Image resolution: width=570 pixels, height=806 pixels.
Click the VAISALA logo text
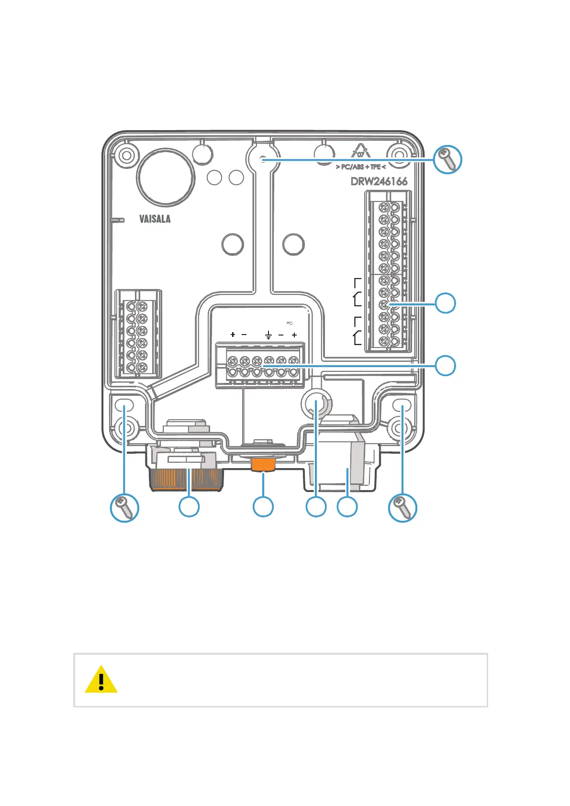tap(155, 219)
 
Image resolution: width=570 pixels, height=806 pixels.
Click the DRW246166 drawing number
tap(379, 181)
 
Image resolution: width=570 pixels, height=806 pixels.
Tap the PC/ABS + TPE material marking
tap(361, 167)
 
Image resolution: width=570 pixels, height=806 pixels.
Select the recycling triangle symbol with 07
tap(361, 152)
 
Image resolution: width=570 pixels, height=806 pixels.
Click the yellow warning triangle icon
tap(101, 680)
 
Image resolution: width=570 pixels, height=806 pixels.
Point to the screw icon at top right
tap(447, 160)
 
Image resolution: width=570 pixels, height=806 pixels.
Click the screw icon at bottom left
tap(124, 507)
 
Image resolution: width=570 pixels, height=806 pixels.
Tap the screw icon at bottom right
tap(402, 507)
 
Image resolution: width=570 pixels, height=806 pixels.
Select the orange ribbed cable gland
tap(187, 479)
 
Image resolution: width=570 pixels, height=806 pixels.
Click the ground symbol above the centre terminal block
tap(268, 335)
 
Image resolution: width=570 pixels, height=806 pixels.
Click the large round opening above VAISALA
tap(165, 177)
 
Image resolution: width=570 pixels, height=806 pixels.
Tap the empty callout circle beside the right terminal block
tap(445, 303)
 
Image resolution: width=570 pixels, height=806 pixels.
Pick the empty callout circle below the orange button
tap(263, 507)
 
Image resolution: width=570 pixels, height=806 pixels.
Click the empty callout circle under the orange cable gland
tap(189, 507)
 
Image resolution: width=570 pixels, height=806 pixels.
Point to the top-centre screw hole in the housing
tap(262, 159)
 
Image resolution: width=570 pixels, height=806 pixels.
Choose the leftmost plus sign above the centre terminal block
tap(233, 335)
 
